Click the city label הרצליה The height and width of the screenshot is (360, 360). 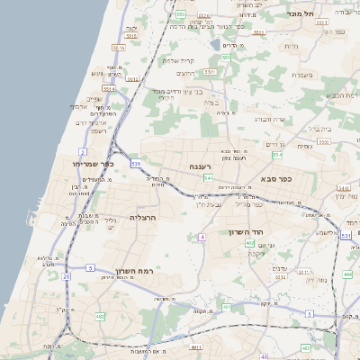[143, 218]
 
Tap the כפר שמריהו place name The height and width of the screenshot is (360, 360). [96, 164]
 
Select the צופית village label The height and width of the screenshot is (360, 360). [303, 146]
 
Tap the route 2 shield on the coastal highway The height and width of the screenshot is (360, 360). [83, 152]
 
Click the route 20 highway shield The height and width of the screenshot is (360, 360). [66, 276]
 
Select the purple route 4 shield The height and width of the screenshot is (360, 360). [202, 236]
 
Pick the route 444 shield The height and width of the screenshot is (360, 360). [347, 273]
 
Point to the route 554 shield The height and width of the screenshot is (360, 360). [276, 155]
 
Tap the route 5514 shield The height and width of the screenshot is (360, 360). [109, 88]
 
